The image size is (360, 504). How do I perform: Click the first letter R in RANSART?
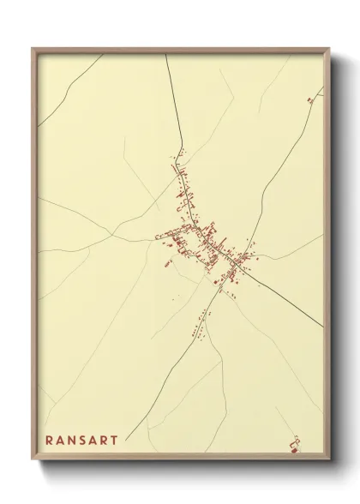click(x=49, y=441)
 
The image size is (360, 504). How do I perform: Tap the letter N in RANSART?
click(x=75, y=441)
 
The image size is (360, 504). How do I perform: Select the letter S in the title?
click(x=87, y=441)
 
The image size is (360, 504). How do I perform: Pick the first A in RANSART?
click(x=62, y=441)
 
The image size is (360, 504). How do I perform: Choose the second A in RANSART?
click(x=99, y=441)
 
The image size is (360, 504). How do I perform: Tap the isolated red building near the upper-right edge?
click(x=309, y=100)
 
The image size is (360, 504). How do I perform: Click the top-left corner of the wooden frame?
click(x=33, y=49)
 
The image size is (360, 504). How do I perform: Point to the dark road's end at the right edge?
click(x=322, y=326)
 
